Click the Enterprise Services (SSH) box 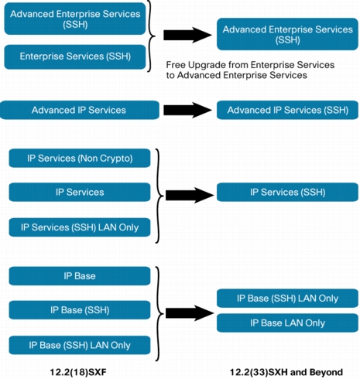(75, 56)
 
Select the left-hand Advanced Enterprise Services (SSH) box (75, 19)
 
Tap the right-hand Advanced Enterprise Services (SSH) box (287, 34)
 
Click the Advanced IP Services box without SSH (80, 110)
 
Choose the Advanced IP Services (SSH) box (287, 110)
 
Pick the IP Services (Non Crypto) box (80, 158)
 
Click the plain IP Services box (80, 192)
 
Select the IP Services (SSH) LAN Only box (80, 227)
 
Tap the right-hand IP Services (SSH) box (287, 192)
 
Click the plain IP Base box (80, 276)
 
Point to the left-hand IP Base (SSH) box (80, 310)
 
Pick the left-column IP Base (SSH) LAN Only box (80, 345)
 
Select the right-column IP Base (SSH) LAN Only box (287, 299)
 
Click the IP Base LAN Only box (287, 323)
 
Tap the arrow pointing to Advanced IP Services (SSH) (188, 110)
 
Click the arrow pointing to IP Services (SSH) (190, 195)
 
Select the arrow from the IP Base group (190, 313)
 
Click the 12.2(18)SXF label (78, 372)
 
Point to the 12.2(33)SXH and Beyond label (286, 372)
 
